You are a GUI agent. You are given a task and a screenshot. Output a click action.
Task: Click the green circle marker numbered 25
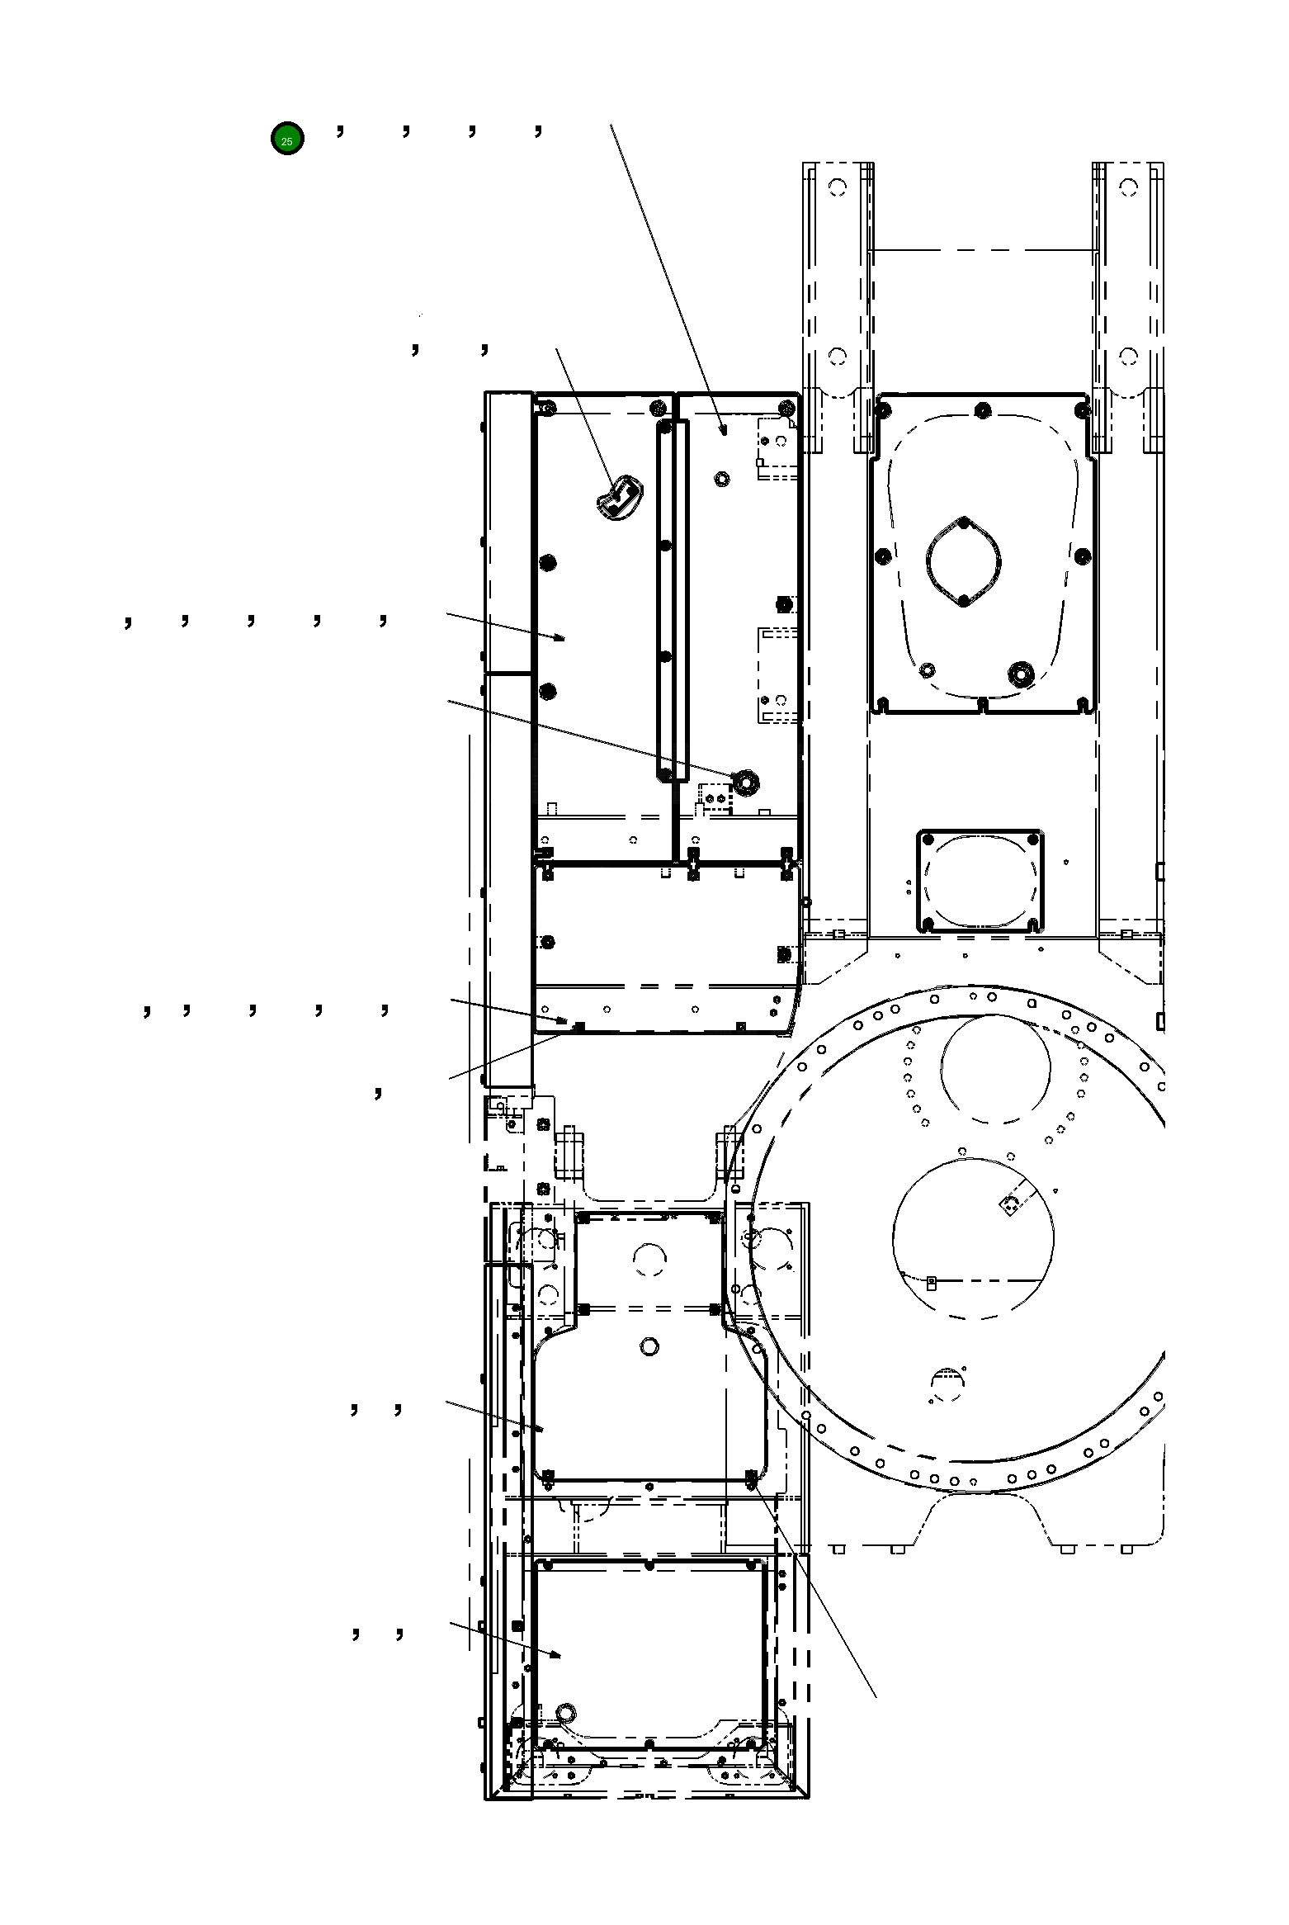287,139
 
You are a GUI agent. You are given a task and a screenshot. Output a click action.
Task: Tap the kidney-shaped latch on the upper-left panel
619,499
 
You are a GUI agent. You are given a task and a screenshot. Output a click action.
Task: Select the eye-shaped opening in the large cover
964,561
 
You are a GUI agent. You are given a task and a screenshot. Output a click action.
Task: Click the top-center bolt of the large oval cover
982,410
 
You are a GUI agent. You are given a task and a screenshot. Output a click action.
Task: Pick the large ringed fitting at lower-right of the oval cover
1022,673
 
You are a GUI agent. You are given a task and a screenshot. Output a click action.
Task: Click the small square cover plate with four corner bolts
980,881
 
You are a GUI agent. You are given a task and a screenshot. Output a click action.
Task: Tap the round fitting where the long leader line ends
746,782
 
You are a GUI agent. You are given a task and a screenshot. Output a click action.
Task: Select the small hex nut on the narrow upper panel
723,478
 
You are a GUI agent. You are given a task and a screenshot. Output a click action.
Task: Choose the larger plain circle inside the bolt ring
973,1238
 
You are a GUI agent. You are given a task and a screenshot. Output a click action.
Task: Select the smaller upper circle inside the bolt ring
995,1069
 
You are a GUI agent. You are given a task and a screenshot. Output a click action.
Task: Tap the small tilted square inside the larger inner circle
1009,1206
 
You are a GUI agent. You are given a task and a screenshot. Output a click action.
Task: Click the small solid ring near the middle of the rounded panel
649,1347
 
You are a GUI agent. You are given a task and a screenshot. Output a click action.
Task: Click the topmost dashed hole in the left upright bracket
838,187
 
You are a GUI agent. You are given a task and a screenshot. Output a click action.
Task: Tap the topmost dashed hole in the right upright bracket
1128,187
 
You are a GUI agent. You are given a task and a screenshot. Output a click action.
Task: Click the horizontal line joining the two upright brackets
982,249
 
